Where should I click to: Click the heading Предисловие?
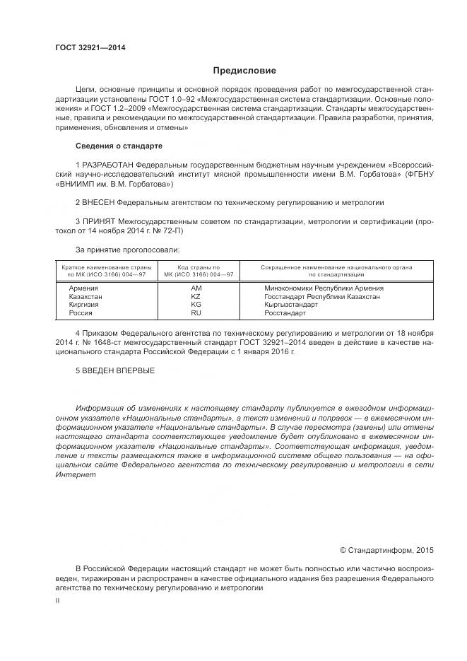[245, 71]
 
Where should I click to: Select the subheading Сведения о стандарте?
[119, 146]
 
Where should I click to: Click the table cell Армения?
[83, 288]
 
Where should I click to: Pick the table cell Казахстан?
[85, 297]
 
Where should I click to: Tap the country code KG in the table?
[196, 305]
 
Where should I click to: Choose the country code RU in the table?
[196, 312]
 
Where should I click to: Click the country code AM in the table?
[196, 288]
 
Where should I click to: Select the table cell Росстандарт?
[285, 312]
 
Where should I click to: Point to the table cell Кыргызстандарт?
[290, 305]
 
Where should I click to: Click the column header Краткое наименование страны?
[107, 267]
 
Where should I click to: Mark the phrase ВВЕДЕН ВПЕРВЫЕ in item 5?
[119, 370]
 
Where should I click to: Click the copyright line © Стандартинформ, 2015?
[386, 550]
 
